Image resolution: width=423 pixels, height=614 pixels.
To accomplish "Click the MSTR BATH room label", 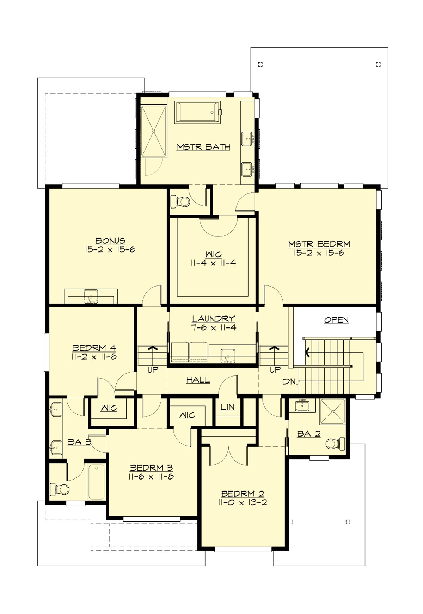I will click(x=203, y=147).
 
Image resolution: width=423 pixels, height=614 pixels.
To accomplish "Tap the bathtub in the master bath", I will click(x=197, y=113).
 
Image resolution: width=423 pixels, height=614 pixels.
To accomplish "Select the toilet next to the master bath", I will click(x=180, y=202).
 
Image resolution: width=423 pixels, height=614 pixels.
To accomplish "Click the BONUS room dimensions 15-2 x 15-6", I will click(x=110, y=250).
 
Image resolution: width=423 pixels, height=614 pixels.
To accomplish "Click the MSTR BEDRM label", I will click(x=319, y=244).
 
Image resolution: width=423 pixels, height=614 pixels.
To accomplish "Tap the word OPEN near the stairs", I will click(x=336, y=320).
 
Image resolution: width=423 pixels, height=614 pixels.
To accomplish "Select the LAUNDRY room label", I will click(x=213, y=319).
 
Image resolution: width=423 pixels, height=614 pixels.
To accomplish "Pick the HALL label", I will click(x=198, y=380).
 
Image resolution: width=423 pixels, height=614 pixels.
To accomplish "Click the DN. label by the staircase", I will click(x=290, y=382).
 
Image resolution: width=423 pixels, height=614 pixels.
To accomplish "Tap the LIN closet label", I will click(x=227, y=408).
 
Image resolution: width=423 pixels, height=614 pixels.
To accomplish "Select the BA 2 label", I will click(x=309, y=434).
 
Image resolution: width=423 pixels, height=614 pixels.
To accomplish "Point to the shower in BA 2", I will click(x=332, y=412).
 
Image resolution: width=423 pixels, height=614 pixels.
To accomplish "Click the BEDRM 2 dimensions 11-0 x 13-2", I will click(x=243, y=502).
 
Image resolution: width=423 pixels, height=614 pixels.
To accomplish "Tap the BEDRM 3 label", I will click(x=151, y=468).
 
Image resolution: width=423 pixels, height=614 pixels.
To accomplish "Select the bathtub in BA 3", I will click(x=96, y=482).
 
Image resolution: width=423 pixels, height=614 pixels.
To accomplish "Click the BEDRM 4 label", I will click(x=94, y=348).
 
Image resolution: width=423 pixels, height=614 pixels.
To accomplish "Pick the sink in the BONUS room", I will click(x=91, y=296).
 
